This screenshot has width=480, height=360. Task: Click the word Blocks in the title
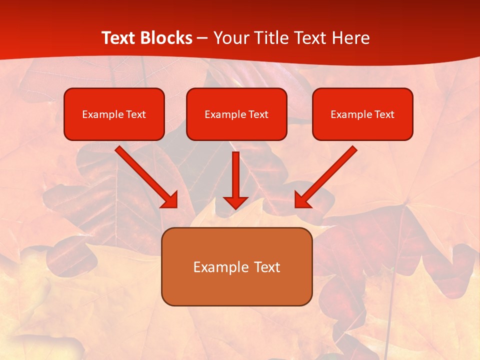pos(166,38)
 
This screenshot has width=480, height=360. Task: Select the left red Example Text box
pos(114,114)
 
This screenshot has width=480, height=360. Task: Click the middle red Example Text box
pos(236,114)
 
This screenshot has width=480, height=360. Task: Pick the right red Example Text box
pos(362,114)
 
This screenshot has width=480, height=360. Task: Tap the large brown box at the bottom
pos(236,266)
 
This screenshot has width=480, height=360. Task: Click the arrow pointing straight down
pos(235,177)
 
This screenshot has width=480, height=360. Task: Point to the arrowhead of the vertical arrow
pos(235,202)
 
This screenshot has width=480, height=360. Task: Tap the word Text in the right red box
pos(384,114)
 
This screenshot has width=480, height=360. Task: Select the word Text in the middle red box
pos(258,114)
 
